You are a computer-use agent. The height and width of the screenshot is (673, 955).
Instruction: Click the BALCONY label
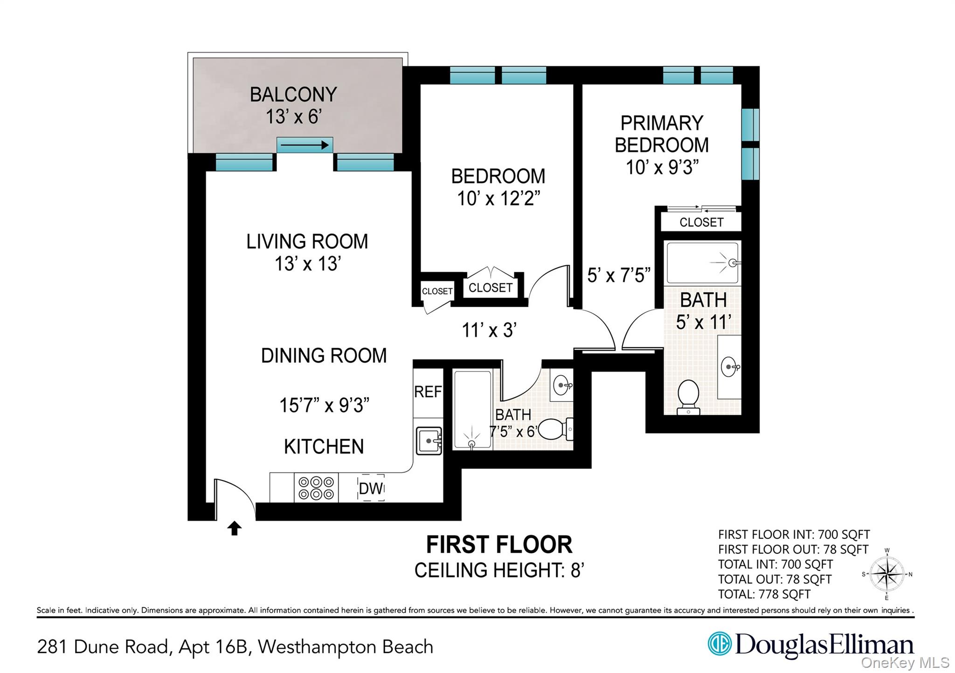[293, 95]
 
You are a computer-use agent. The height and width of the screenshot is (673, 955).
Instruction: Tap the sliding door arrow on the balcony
[304, 145]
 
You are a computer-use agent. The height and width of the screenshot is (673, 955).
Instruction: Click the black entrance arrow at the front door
[234, 529]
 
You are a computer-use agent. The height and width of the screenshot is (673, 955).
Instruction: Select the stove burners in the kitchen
[316, 488]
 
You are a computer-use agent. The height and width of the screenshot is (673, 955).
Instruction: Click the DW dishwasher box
[371, 488]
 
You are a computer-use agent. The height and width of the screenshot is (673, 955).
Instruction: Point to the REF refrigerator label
[428, 391]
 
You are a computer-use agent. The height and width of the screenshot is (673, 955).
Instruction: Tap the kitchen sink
[429, 440]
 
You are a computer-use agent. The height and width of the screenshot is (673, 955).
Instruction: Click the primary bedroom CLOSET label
[701, 222]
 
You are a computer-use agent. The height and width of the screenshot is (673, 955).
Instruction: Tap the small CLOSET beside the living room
[437, 291]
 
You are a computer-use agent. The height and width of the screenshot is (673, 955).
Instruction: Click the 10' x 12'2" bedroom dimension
[498, 199]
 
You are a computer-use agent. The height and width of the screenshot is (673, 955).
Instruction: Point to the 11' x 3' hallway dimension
[489, 330]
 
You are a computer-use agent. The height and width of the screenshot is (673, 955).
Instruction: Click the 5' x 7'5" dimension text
[619, 275]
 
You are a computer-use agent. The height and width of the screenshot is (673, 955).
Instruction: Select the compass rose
[887, 574]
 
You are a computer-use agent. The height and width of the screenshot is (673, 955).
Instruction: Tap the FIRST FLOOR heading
[499, 544]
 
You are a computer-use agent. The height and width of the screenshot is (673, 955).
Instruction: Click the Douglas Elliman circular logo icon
[719, 644]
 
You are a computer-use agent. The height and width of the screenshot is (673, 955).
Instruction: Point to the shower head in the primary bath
[733, 263]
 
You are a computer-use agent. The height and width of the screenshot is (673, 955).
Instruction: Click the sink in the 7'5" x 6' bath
[561, 385]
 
